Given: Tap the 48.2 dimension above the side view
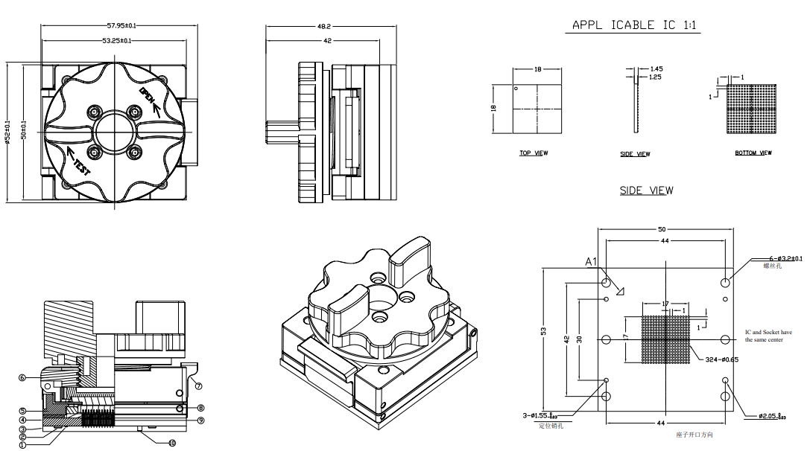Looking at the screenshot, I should [x=324, y=26].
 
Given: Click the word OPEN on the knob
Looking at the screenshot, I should [x=148, y=97].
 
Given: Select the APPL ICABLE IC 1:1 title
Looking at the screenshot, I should [x=636, y=25].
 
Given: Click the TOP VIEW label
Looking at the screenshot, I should [x=534, y=153].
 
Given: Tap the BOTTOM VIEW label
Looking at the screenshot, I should [x=753, y=153].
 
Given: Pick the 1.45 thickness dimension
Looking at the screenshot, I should [x=656, y=68].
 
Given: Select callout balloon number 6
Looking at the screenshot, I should [x=23, y=378].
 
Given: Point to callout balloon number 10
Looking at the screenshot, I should [x=172, y=443].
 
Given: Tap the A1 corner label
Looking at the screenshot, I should [x=592, y=261].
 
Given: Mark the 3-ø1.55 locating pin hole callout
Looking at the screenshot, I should [x=551, y=415].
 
